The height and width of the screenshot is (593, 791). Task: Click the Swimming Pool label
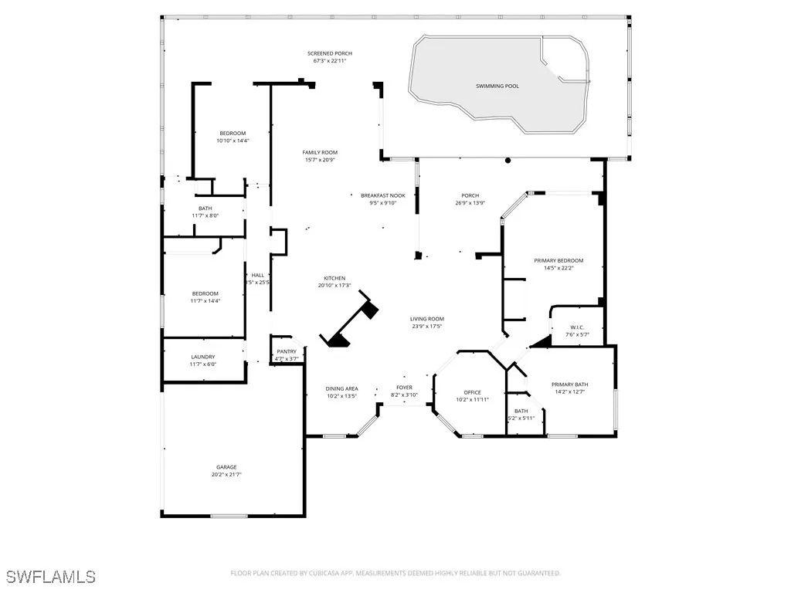497,86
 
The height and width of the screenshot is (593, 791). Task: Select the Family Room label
320,152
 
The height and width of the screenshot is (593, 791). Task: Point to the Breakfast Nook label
383,195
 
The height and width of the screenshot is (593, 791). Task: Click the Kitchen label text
334,278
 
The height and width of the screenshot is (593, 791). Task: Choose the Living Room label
427,319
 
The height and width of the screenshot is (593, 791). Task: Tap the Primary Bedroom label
558,260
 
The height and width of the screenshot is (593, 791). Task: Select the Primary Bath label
570,385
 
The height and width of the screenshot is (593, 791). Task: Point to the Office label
472,392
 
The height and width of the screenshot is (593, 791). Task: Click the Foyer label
405,387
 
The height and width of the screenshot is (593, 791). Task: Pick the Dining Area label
341,388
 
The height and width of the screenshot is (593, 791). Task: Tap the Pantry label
287,351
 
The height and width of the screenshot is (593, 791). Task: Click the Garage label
226,466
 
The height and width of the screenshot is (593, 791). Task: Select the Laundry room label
203,356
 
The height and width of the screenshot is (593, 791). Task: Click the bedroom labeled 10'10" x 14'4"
232,133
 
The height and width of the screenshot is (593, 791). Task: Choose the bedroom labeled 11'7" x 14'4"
205,293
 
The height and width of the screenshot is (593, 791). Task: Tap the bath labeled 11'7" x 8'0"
205,208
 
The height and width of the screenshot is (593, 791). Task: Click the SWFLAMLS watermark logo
51,577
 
